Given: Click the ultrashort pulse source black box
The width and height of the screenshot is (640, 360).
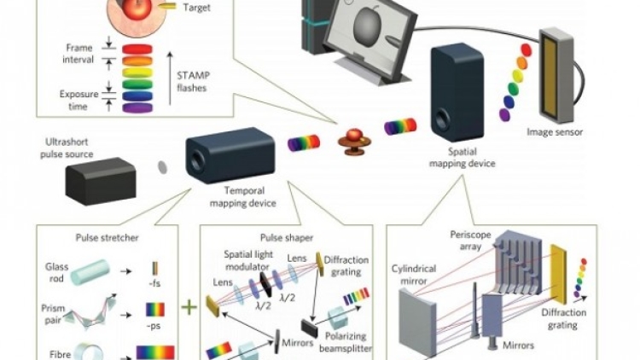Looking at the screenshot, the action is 101,181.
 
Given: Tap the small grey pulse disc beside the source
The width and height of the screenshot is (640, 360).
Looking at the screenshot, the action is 162,167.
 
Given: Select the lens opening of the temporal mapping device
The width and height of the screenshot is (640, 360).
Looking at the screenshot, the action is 197,161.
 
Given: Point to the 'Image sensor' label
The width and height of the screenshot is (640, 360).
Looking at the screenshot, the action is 555,132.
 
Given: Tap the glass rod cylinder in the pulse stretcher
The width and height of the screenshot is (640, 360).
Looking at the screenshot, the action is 90,272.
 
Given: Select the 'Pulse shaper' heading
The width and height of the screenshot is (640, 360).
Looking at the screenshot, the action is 287,237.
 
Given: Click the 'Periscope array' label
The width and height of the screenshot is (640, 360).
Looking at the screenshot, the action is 470,241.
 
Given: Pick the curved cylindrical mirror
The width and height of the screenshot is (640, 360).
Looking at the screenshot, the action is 416,322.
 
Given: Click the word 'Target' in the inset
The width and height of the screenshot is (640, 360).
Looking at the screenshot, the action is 197,8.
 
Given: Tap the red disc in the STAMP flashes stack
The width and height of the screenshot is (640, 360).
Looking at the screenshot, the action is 137,49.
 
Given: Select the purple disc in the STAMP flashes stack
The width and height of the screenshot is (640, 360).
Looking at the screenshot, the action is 137,108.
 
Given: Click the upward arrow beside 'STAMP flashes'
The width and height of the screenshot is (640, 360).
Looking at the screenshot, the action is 170,78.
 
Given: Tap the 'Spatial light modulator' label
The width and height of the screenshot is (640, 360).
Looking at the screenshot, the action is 248,260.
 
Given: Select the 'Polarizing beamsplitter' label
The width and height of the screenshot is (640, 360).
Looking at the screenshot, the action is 346,342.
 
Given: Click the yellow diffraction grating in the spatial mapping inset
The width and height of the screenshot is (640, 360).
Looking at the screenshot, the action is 558,274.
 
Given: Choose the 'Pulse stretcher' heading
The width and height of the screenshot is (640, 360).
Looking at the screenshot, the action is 107,237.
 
